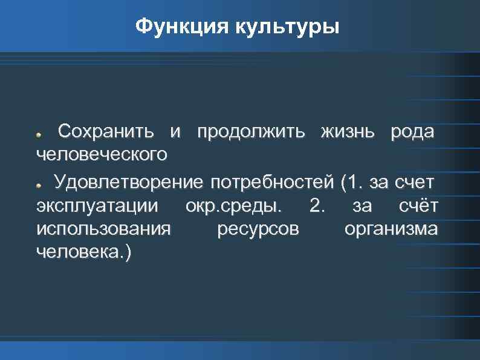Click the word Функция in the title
(171, 27)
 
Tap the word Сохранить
(110, 131)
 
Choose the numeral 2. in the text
(316, 206)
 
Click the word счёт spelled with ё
(418, 206)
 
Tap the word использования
(103, 230)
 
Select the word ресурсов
(257, 230)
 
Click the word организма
(391, 230)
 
